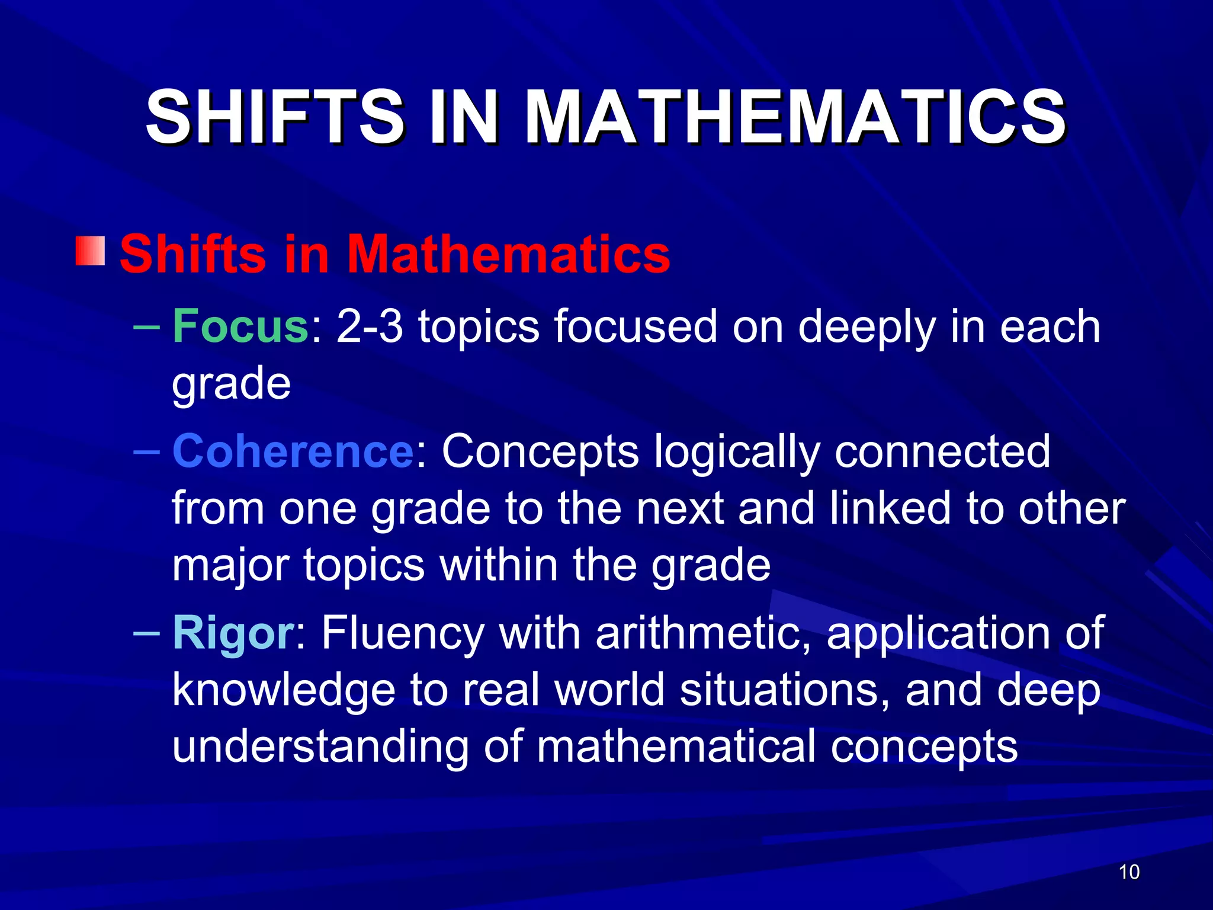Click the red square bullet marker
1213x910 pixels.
click(x=90, y=251)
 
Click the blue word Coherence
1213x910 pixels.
click(x=293, y=451)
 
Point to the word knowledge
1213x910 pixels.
click(x=284, y=691)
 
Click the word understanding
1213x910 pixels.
click(x=320, y=747)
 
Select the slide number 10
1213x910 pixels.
click(x=1129, y=872)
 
